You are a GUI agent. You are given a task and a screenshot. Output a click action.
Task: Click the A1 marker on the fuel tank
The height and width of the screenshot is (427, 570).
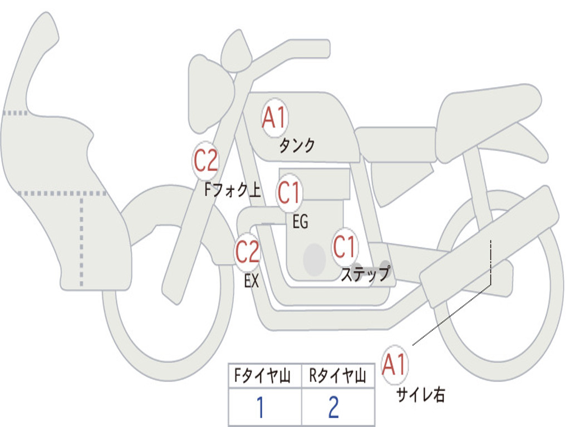click(x=274, y=118)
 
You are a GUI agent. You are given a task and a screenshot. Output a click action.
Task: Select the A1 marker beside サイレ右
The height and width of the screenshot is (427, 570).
click(x=395, y=365)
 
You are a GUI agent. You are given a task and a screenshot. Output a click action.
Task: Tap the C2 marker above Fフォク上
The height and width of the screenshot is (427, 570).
click(x=206, y=161)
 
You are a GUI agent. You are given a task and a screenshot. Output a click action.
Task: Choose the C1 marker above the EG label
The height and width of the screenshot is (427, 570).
click(x=289, y=193)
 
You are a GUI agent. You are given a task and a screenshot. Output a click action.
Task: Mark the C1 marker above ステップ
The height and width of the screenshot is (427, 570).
click(x=345, y=247)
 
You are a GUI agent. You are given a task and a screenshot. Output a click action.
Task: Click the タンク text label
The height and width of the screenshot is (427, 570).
click(x=297, y=146)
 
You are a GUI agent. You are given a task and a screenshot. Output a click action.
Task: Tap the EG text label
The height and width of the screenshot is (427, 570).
click(x=300, y=222)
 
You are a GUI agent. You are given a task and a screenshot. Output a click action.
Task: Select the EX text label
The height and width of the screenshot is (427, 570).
click(x=252, y=281)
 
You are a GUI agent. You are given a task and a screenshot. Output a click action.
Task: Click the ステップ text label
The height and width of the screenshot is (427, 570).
click(x=365, y=274)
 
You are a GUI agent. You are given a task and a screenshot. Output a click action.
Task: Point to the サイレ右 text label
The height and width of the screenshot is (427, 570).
click(x=420, y=395)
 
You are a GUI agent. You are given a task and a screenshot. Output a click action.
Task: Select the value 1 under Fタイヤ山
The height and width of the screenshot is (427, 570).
click(x=259, y=408)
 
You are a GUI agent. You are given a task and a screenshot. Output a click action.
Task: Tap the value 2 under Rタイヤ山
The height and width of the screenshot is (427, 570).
click(x=333, y=408)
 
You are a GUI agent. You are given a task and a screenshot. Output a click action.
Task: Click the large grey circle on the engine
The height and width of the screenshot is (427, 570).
click(x=315, y=259)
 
